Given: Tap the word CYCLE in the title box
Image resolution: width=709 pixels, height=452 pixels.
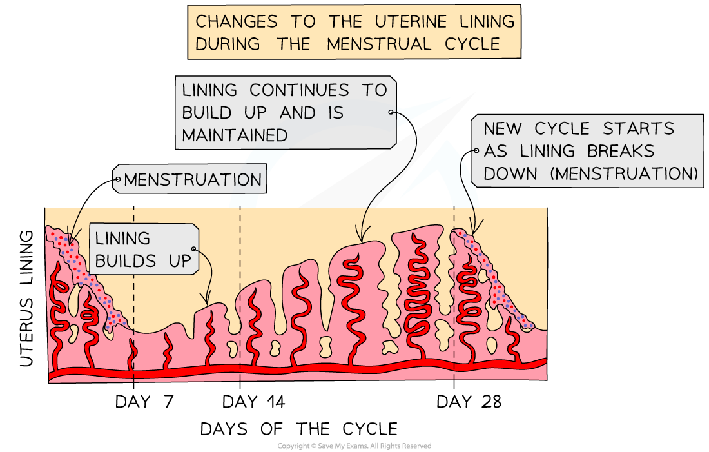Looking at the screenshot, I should coord(474,44).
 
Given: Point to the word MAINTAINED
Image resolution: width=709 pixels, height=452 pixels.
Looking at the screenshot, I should coord(235,135).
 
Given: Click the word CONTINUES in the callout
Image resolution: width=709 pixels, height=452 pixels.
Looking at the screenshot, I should coord(302,90).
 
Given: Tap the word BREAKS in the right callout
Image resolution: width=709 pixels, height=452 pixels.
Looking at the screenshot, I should coord(621,151).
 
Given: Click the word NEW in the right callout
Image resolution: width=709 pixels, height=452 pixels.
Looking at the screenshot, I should coord(506,128).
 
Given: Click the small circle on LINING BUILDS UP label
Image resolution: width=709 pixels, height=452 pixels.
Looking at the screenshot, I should coord(193,249).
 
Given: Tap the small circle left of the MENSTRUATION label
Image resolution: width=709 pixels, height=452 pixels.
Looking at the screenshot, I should coord(117,179).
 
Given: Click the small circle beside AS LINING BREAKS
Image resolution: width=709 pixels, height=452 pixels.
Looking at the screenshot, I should coord(476,151).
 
